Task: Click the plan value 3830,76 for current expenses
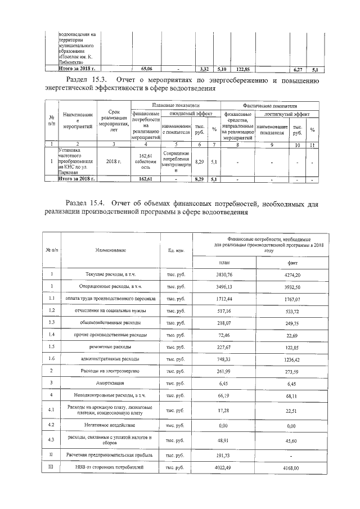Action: [x=224, y=274]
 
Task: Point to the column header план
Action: [x=224, y=262]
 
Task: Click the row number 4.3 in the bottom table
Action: [x=52, y=439]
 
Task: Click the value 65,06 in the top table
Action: [x=146, y=69]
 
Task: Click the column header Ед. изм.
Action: [x=176, y=249]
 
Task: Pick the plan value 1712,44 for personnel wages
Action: [x=224, y=299]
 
